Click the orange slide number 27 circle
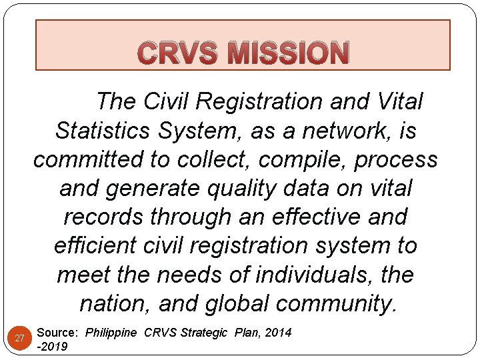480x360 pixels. (20, 338)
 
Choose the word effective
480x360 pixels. (312, 217)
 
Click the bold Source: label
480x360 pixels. (59, 332)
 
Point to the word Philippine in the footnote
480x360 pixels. (112, 332)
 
